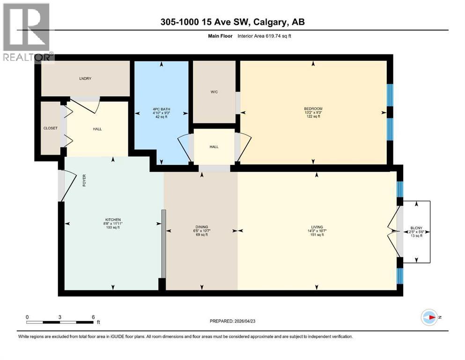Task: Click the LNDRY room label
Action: pyautogui.click(x=85, y=78)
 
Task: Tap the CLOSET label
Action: pyautogui.click(x=50, y=127)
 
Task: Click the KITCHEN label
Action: pyautogui.click(x=113, y=219)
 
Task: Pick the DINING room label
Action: pyautogui.click(x=201, y=226)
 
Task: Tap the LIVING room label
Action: pyautogui.click(x=317, y=226)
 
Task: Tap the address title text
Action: pyautogui.click(x=232, y=22)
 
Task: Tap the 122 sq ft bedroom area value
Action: pyautogui.click(x=313, y=117)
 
